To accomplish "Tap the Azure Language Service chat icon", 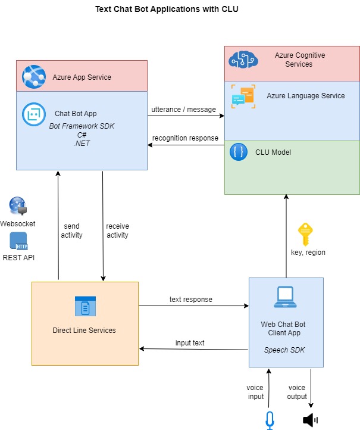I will coord(243,96).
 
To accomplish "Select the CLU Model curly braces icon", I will coord(239,152).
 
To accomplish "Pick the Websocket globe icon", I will coord(17,206).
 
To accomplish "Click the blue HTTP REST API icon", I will coord(18,241).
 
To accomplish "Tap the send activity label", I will coord(71,230).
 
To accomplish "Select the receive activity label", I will coord(118,230).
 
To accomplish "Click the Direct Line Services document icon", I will coord(84,306).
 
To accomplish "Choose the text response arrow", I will coord(193,306).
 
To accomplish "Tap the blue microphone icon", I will coord(270,420).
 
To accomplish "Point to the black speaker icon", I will coord(310,420).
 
